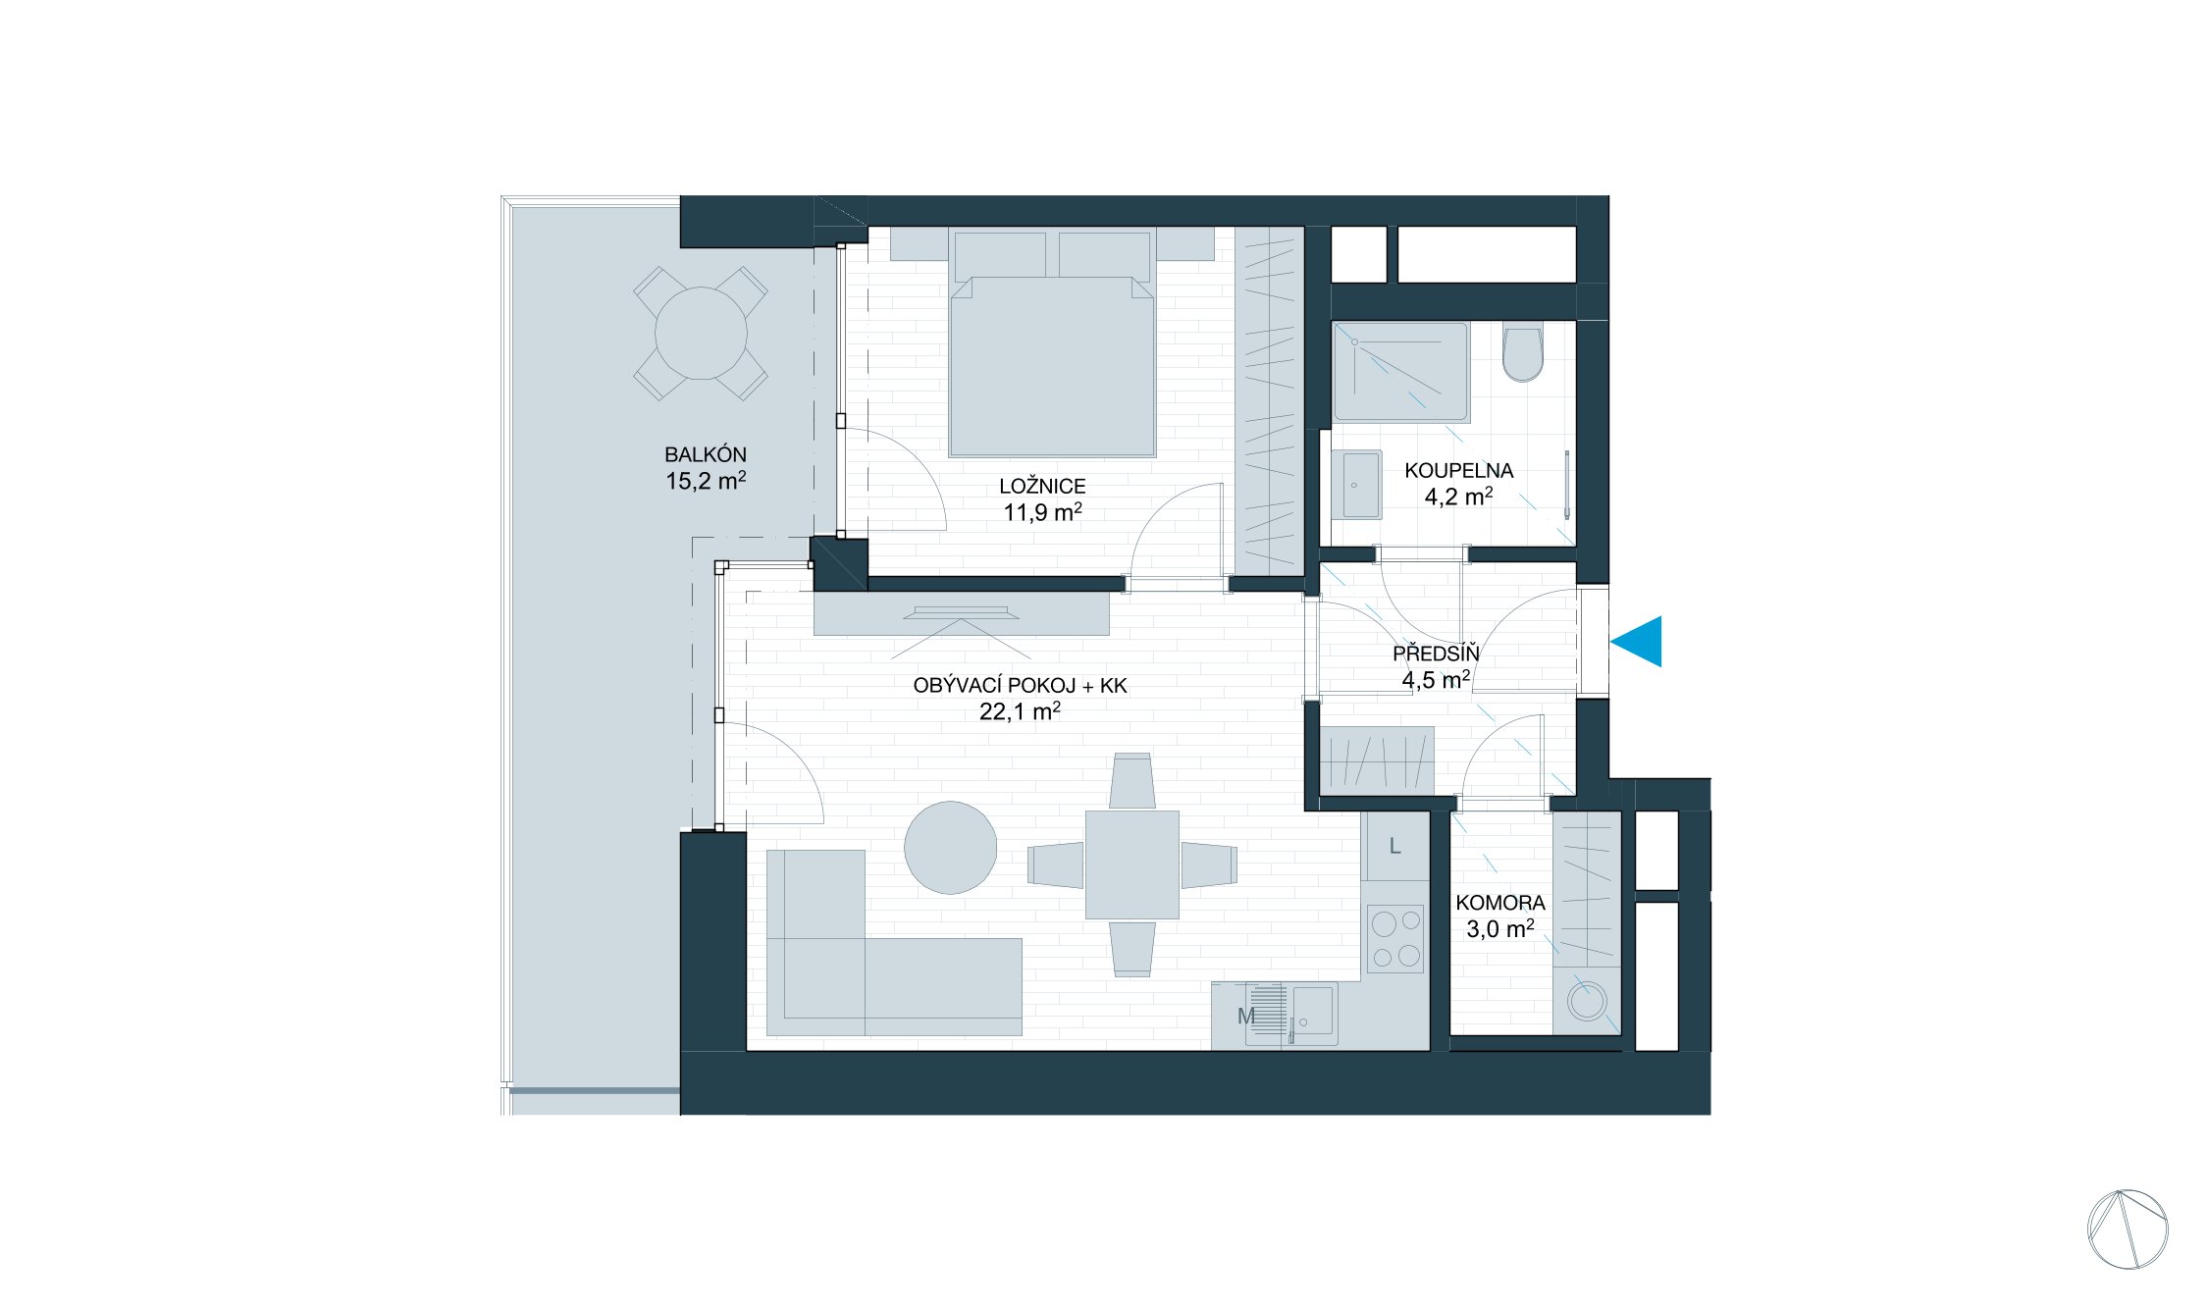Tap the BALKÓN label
tap(705, 455)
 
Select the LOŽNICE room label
tap(1042, 486)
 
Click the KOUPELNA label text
tap(1458, 470)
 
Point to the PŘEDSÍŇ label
tap(1436, 654)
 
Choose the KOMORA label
tap(1499, 903)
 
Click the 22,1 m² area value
tap(1020, 711)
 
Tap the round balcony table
tap(701, 334)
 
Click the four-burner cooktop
tap(1395, 939)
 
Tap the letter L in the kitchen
tap(1394, 846)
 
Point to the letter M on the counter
tap(1246, 1017)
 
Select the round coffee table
tap(950, 848)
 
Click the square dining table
tap(1131, 864)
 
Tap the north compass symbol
tap(2128, 1230)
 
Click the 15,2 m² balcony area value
tap(706, 481)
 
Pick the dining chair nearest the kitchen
tap(1209, 865)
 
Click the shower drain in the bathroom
tap(1354, 342)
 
